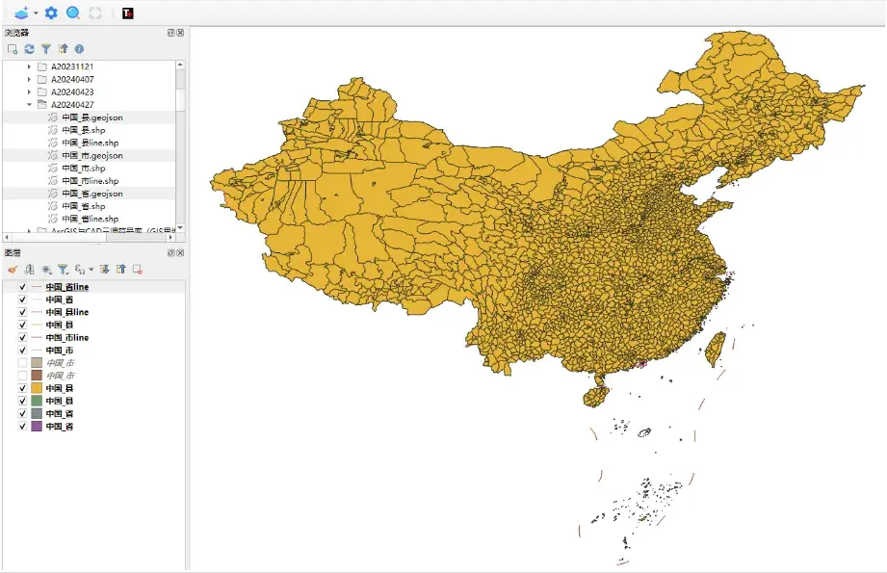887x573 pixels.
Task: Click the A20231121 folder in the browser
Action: click(x=72, y=66)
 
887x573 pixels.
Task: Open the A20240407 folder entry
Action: click(x=72, y=79)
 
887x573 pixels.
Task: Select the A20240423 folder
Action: click(x=72, y=91)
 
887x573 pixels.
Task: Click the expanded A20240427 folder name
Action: click(x=72, y=104)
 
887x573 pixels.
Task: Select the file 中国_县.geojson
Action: click(x=91, y=117)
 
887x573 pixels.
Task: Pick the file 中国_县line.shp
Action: click(x=90, y=143)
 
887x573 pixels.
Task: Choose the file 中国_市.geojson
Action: click(x=91, y=155)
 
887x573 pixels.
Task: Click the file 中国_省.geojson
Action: click(x=91, y=194)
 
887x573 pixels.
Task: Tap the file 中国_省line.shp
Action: click(x=90, y=219)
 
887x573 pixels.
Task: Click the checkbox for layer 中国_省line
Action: click(x=22, y=287)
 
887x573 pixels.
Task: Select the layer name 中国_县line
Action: click(x=67, y=312)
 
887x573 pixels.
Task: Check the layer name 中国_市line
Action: click(x=67, y=338)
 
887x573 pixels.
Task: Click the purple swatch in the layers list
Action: click(x=37, y=426)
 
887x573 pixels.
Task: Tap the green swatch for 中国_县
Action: click(x=37, y=401)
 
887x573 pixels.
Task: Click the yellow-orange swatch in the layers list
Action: click(x=37, y=388)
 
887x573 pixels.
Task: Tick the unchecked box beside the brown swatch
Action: click(x=22, y=376)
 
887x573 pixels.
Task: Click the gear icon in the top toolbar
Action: click(x=51, y=13)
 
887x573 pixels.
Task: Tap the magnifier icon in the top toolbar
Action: click(x=73, y=13)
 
